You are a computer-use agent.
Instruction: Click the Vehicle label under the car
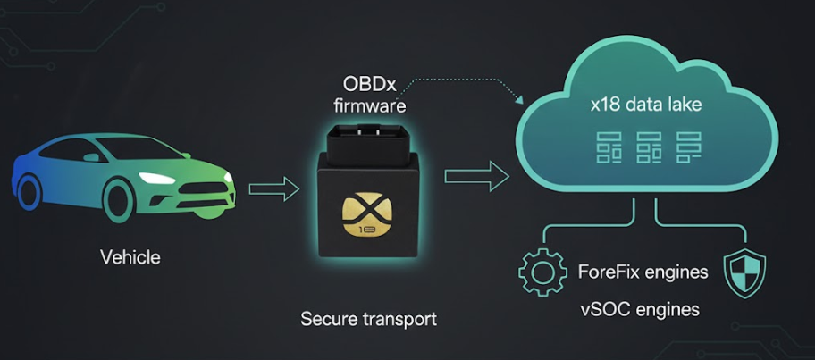click(x=130, y=258)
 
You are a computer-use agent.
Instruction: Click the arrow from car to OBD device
click(x=273, y=188)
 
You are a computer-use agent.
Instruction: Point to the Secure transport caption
click(x=369, y=318)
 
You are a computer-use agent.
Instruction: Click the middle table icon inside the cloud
click(x=648, y=147)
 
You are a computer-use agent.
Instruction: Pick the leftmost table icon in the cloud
click(x=609, y=147)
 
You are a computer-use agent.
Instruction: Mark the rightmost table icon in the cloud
click(x=688, y=147)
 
